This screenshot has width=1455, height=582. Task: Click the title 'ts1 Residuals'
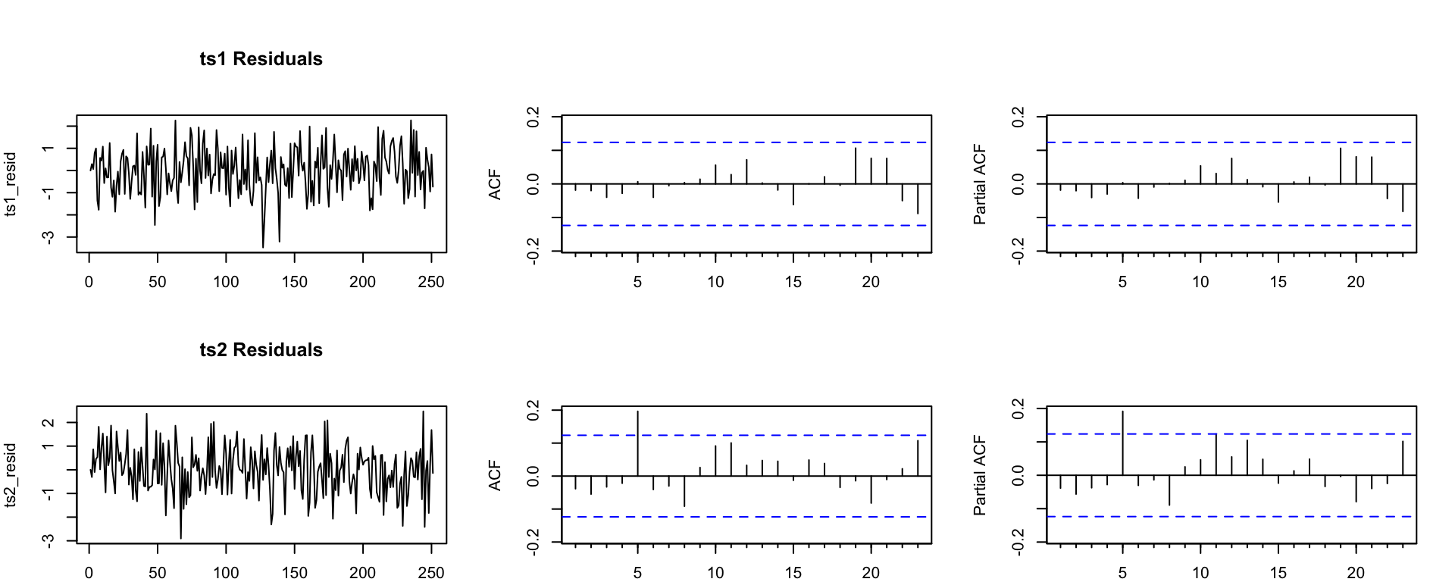pos(261,59)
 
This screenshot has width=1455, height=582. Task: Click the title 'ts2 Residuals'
pos(261,350)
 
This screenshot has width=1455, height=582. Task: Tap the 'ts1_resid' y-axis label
pos(11,184)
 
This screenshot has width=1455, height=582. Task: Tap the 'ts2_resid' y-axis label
pos(11,475)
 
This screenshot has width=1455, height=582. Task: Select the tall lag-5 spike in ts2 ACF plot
pos(638,443)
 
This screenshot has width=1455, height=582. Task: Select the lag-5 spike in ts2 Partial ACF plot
pos(1123,443)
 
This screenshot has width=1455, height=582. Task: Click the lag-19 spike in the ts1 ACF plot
pos(856,166)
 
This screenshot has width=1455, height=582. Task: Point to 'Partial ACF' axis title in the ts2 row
pos(980,475)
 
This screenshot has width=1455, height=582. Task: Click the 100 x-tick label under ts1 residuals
pos(226,282)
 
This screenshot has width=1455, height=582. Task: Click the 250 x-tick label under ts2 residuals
pos(431,573)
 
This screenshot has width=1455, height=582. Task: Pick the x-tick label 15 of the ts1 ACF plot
pos(793,282)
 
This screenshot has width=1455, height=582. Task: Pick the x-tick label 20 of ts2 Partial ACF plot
pos(1356,573)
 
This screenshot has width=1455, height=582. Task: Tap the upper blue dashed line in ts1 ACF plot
pos(746,142)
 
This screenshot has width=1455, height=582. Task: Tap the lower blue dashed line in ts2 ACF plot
pos(746,517)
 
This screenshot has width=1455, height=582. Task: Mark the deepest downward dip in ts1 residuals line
pos(263,246)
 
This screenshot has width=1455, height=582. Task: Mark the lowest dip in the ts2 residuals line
pos(180,537)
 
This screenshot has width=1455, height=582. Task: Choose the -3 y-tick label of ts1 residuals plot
pos(48,237)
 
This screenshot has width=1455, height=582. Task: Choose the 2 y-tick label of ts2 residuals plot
pos(48,422)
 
